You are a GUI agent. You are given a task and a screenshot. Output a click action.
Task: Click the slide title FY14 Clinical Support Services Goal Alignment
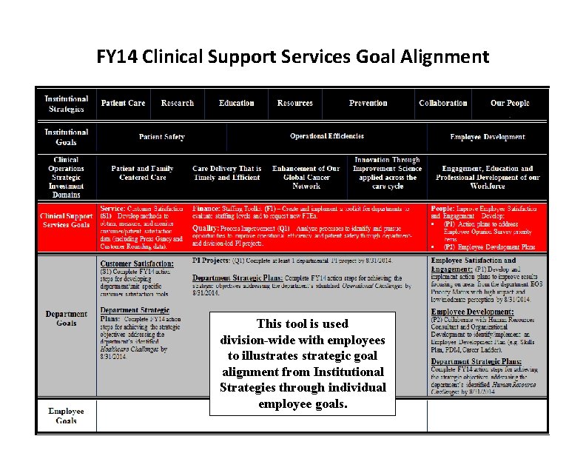coord(293,57)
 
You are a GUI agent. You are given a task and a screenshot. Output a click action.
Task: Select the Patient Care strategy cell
coord(123,104)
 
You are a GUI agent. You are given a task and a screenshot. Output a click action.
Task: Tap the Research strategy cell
coord(178,104)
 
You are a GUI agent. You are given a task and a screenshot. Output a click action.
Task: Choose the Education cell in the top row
coord(236,104)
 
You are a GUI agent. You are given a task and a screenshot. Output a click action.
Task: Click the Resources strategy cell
coord(294,104)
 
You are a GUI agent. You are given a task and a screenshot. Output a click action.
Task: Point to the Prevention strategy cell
coord(368,104)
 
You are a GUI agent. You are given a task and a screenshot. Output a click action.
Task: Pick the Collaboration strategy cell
coord(442,104)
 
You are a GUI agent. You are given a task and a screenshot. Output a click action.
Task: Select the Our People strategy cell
coord(510,104)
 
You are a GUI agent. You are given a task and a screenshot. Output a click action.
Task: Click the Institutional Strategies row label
coord(66,104)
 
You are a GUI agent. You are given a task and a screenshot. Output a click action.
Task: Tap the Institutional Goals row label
coord(66,137)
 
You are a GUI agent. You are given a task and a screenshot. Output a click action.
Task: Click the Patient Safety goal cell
coord(161,137)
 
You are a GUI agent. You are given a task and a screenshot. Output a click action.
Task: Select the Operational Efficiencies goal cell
coord(327,137)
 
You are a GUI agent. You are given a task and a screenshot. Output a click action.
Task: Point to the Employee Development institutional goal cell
coord(488,137)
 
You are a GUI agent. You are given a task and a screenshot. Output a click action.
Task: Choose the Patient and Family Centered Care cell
coord(143,173)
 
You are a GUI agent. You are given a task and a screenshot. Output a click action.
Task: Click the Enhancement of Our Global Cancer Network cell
coord(306,178)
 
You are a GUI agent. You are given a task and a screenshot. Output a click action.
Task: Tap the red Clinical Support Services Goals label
coord(67,220)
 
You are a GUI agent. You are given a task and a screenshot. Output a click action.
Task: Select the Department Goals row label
coord(66,318)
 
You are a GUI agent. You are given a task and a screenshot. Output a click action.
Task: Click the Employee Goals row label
coord(66,416)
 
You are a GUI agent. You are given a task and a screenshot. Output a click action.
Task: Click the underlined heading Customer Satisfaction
coord(137,264)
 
